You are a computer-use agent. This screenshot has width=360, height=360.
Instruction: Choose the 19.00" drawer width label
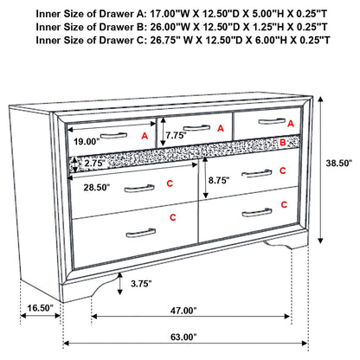88,140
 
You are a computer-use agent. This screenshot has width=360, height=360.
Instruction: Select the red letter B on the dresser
282,142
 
